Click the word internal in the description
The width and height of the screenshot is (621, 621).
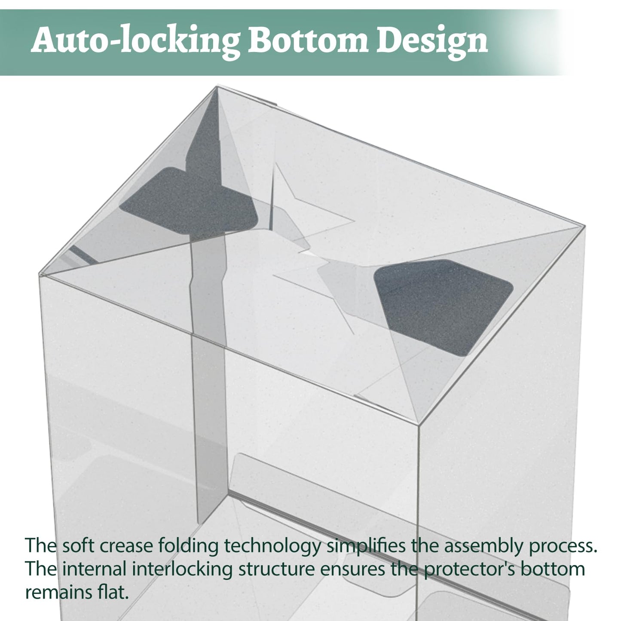coord(94,569)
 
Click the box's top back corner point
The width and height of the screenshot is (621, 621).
coord(217,86)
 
